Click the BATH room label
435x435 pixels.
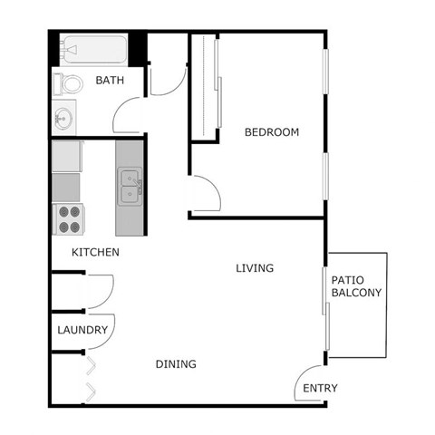click(x=110, y=81)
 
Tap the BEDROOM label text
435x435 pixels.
click(x=271, y=132)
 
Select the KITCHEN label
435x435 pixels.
click(x=96, y=251)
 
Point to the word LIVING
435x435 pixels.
click(x=255, y=268)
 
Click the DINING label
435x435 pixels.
click(x=176, y=364)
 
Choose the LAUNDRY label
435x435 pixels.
click(x=82, y=330)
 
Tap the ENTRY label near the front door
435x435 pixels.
click(x=320, y=389)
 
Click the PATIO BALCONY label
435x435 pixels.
click(x=356, y=286)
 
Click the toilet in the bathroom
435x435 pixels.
click(x=68, y=84)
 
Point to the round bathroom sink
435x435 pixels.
click(x=63, y=118)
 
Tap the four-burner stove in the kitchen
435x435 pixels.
click(x=68, y=218)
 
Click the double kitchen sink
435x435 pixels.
click(x=129, y=186)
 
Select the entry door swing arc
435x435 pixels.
click(x=309, y=382)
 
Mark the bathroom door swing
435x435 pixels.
click(x=128, y=115)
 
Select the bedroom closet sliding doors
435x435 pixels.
click(x=216, y=86)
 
